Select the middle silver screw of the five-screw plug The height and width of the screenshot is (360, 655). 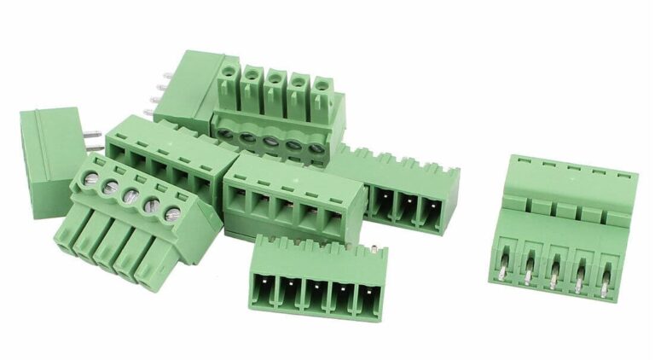[130, 195]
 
